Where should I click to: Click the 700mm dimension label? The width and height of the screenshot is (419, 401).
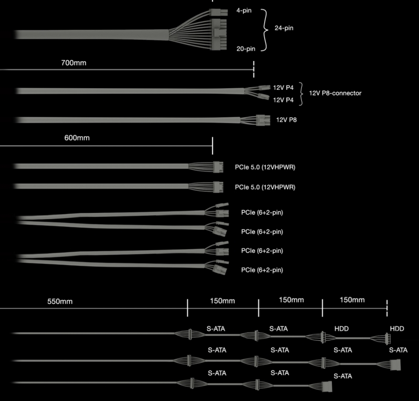[x=74, y=63]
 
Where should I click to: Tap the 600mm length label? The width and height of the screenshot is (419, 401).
[x=77, y=138]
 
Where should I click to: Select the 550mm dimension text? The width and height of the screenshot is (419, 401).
[x=60, y=301]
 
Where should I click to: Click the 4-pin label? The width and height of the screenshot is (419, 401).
[x=244, y=11]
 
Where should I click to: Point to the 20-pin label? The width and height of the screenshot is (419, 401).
[x=246, y=49]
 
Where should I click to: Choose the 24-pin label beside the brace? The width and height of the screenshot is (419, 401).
[x=284, y=28]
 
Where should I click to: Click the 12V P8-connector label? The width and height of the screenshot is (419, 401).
[x=335, y=93]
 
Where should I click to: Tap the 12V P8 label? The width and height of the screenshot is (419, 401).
[x=286, y=120]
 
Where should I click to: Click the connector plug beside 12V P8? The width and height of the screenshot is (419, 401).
[x=263, y=120]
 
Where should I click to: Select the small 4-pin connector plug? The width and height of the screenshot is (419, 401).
[x=218, y=12]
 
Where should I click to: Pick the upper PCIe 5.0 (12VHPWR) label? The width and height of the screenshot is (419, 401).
[x=265, y=167]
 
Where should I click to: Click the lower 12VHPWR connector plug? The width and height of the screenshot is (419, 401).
[x=218, y=187]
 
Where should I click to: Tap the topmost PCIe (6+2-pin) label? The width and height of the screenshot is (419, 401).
[x=262, y=212]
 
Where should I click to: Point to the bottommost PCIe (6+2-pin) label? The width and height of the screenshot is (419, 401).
[x=262, y=270]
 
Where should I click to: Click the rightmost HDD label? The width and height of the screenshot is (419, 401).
[x=397, y=328]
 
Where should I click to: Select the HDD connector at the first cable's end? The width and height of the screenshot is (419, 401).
[x=387, y=338]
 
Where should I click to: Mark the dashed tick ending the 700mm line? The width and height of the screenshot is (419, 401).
[x=254, y=69]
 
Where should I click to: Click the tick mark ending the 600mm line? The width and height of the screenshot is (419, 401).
[x=213, y=146]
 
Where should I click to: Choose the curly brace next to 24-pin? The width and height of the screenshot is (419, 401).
[x=265, y=29]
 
